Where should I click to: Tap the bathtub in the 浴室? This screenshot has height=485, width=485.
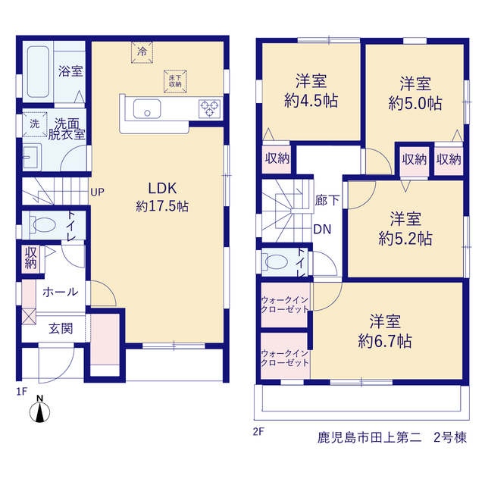pos(38,72)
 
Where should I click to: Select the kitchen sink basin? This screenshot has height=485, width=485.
pos(147,108)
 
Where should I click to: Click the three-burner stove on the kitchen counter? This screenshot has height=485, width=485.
pos(210,108)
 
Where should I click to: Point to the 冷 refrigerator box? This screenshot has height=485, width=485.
pos(142,52)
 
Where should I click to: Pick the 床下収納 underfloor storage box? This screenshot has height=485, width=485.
pos(175,81)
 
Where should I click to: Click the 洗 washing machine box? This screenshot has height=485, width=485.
pos(35,124)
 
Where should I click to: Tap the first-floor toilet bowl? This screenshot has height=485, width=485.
pos(42,224)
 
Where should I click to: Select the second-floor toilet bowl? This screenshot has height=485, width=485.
pos(274,262)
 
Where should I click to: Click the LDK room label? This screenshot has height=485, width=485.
pos(162,188)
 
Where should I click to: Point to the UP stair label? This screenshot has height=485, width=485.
pos(98,192)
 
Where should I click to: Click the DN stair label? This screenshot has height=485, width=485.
pos(322,229)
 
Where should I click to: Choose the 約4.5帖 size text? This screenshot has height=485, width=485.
pos(311,101)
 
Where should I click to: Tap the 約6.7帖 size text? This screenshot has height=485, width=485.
pos(385,341)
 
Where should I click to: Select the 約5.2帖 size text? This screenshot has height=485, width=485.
pos(405,239)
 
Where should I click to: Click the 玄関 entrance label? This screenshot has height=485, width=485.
pos(61,328)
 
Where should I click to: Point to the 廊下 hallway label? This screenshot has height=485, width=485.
pos(327,200)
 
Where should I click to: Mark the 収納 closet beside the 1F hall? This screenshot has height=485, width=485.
pos(30,258)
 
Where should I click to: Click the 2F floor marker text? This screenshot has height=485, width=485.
pos(258,431)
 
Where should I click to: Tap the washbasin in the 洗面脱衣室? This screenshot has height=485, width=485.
pos(31,157)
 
